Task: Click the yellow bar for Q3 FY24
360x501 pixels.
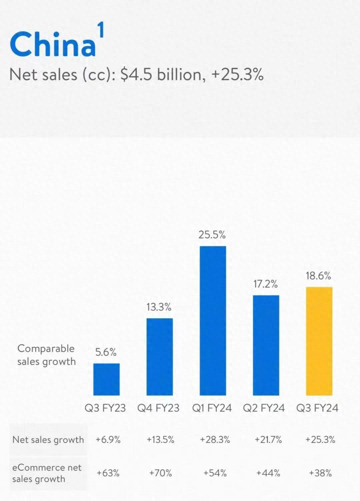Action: tap(319, 341)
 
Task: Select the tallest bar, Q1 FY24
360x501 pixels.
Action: tap(213, 321)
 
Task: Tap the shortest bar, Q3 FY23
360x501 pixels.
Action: tap(106, 379)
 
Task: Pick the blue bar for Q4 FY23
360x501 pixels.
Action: tap(160, 357)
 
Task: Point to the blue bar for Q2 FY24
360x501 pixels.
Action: tap(266, 345)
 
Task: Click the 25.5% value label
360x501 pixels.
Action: tap(212, 235)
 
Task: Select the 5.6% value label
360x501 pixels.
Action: tap(106, 352)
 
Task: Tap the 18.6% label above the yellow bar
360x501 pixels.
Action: tap(318, 276)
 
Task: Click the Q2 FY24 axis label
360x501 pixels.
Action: tap(264, 408)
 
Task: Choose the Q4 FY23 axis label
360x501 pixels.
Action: tap(158, 408)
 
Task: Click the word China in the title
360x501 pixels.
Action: tap(53, 44)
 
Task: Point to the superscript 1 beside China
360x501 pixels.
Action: tap(101, 30)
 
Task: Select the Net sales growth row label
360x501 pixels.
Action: tap(48, 440)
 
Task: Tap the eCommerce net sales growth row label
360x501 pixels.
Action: tap(46, 473)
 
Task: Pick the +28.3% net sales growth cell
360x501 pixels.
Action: tap(215, 440)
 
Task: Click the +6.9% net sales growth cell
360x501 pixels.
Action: tap(108, 440)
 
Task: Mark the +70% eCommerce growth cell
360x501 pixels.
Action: tap(160, 473)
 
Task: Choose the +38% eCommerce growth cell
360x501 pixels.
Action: tap(320, 473)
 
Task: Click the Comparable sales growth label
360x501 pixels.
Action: tap(46, 355)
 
